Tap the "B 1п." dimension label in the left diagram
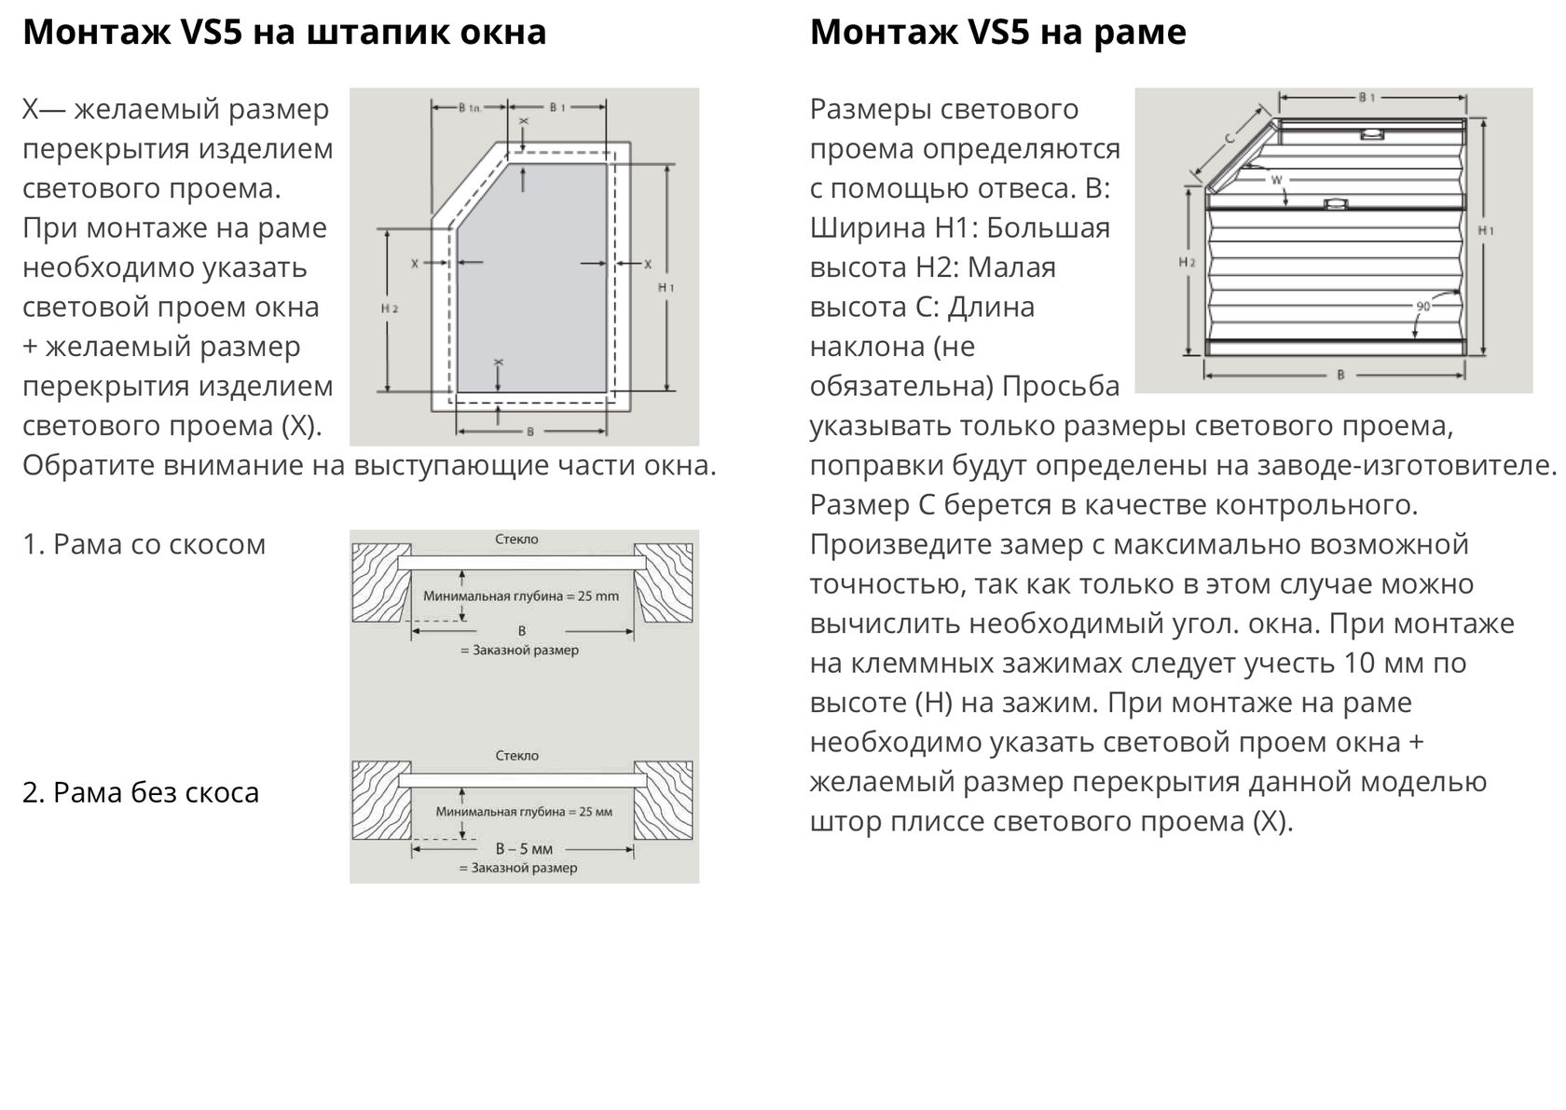(470, 108)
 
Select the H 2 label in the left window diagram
(390, 308)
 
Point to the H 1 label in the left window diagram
(666, 287)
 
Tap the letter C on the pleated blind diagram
(1229, 138)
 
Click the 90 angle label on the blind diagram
(1423, 306)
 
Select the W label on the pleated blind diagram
(1277, 181)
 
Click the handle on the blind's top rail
(1371, 133)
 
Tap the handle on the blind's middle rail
(1335, 204)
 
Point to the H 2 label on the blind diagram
(1188, 262)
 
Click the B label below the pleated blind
(1340, 375)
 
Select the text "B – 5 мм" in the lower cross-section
(524, 849)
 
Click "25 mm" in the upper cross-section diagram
(598, 596)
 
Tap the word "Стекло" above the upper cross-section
(516, 539)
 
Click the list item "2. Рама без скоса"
(141, 792)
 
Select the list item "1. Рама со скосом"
(144, 544)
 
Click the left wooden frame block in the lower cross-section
(381, 800)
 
